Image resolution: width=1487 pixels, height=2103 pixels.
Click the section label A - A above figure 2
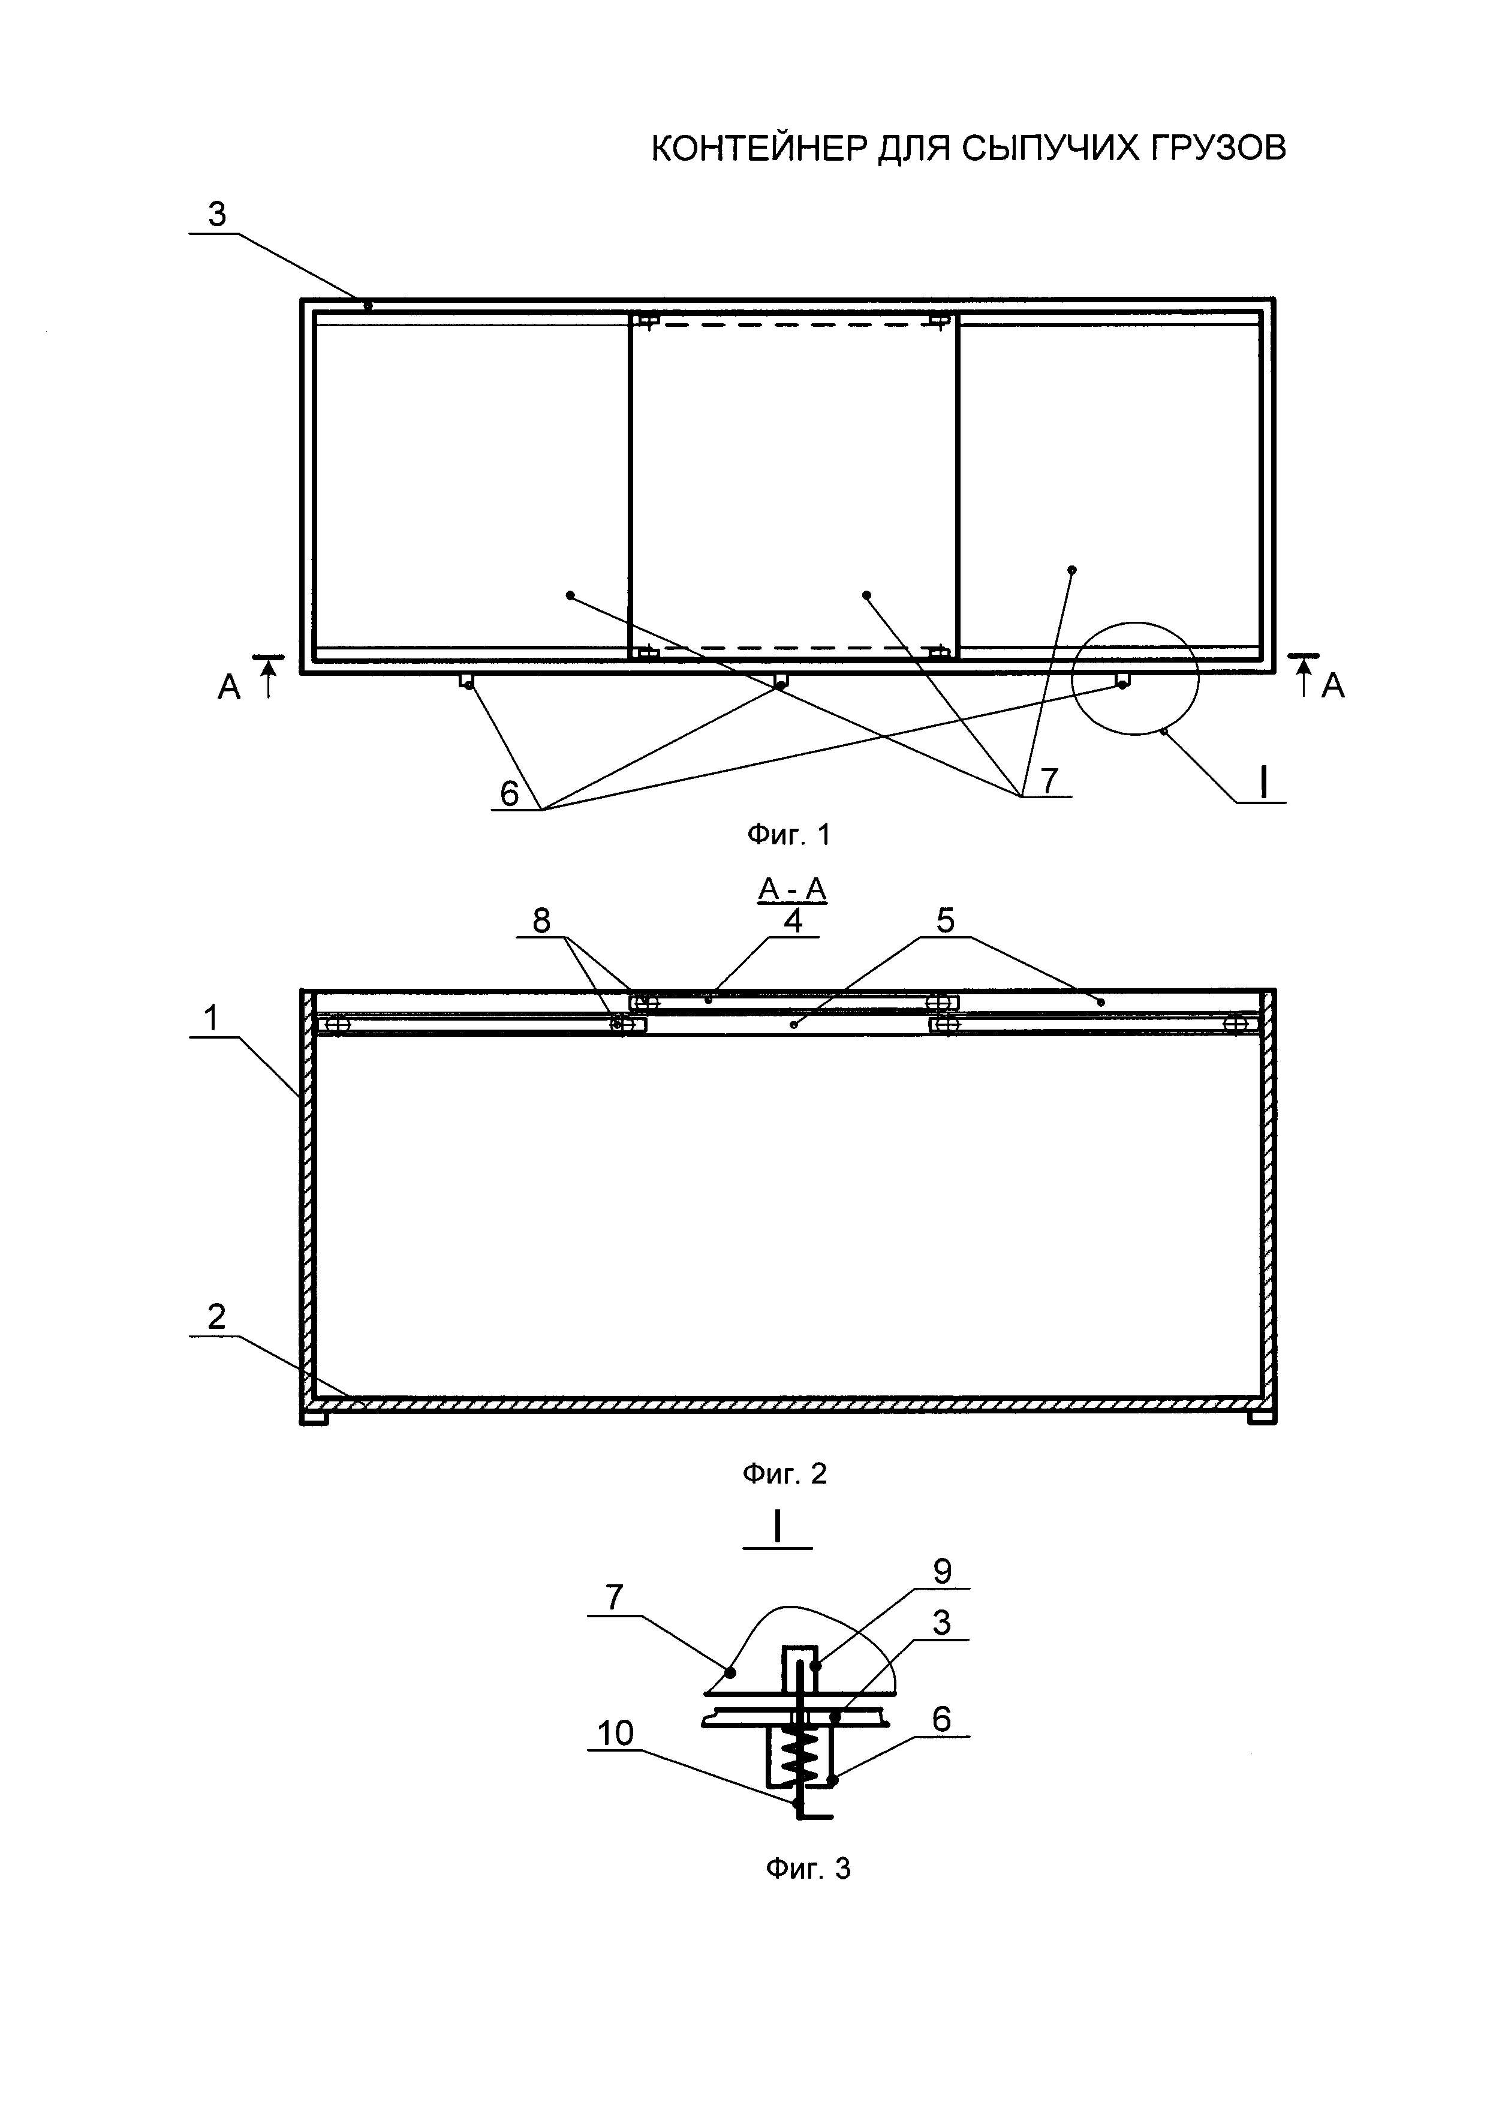tap(792, 889)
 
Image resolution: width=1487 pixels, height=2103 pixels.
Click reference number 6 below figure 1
tap(509, 793)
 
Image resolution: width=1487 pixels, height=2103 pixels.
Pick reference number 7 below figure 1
tap(1049, 780)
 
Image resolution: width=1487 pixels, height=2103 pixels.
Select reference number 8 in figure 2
tap(541, 920)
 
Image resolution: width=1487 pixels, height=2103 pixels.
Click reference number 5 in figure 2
tap(945, 920)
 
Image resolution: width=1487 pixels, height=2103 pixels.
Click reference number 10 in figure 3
tap(615, 1733)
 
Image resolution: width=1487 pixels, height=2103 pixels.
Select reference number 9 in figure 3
tap(942, 1571)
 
